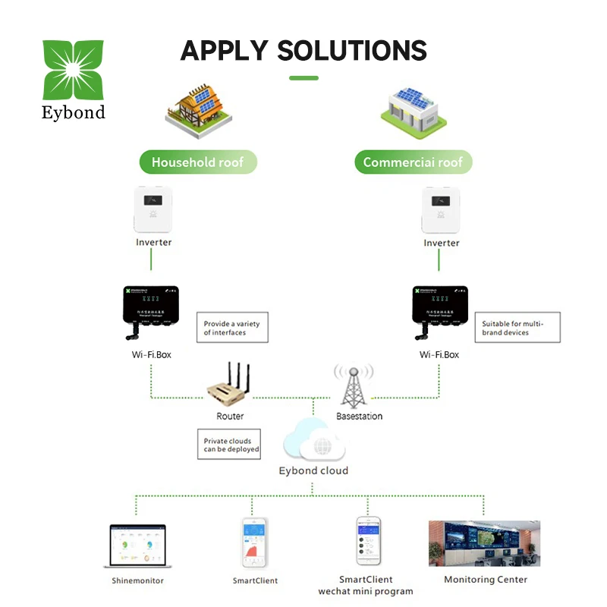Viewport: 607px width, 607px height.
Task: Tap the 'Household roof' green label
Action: coord(197,162)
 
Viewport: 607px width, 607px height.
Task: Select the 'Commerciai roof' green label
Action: coord(413,162)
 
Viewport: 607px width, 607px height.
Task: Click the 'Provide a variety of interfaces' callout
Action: coord(232,328)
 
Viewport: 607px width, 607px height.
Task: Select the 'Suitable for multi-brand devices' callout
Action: coord(517,328)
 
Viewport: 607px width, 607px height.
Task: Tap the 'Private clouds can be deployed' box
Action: coord(231,445)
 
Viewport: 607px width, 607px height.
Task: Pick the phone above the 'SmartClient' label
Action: coord(254,543)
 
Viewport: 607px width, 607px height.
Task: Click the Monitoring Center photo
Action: coord(484,543)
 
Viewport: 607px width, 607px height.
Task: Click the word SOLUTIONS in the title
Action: coord(352,51)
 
